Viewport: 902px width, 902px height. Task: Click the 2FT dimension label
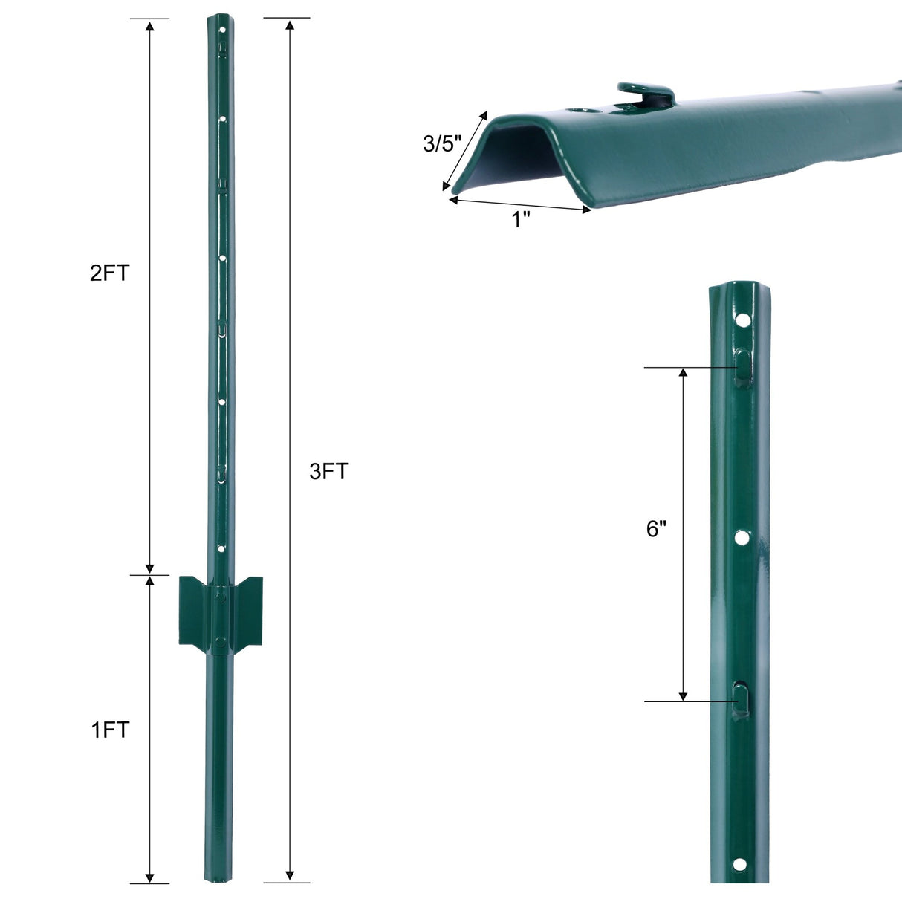click(109, 273)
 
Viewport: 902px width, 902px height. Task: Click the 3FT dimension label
click(328, 471)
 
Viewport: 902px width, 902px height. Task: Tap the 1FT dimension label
click(110, 730)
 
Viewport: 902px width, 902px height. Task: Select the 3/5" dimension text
click(442, 143)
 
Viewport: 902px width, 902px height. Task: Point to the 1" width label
click(521, 219)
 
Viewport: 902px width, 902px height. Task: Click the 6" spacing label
click(656, 529)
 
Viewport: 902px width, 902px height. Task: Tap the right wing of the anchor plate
click(247, 608)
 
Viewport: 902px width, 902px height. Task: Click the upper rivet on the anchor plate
click(221, 596)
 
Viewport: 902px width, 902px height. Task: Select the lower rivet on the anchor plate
click(220, 641)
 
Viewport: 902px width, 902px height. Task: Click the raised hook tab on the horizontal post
click(645, 92)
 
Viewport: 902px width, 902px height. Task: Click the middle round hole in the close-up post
click(742, 536)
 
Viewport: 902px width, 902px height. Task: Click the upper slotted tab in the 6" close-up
click(743, 367)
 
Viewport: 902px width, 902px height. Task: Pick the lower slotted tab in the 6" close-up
click(741, 700)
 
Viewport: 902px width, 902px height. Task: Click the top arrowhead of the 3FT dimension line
click(290, 25)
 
